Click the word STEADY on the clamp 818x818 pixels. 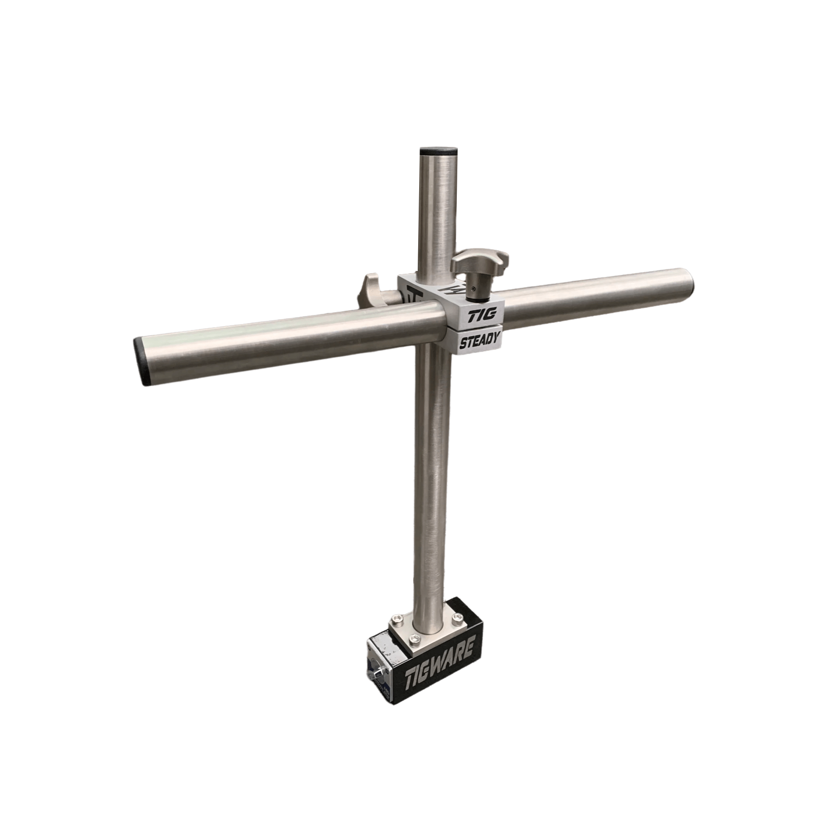pos(479,341)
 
